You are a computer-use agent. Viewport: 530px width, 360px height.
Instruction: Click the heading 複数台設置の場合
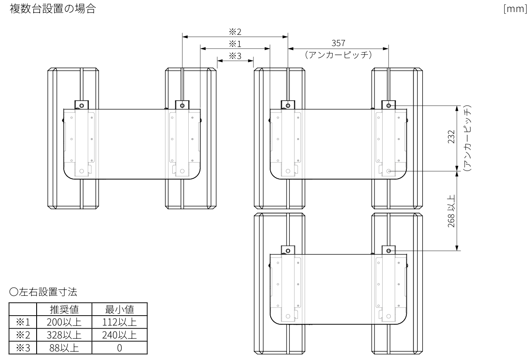(53, 9)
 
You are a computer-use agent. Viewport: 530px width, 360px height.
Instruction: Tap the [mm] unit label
(515, 9)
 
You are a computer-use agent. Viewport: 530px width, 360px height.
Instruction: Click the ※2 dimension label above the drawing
(235, 32)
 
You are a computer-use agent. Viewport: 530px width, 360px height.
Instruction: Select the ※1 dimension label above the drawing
(235, 44)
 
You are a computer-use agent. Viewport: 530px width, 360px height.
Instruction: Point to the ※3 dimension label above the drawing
(235, 56)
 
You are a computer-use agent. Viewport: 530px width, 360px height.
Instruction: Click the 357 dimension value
(338, 43)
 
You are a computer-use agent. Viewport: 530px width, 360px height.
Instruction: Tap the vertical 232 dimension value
(451, 137)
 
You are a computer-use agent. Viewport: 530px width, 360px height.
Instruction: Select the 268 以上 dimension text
(451, 211)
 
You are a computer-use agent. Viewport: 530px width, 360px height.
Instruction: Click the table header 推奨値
(64, 309)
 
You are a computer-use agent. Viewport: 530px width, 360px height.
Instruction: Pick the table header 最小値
(119, 309)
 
